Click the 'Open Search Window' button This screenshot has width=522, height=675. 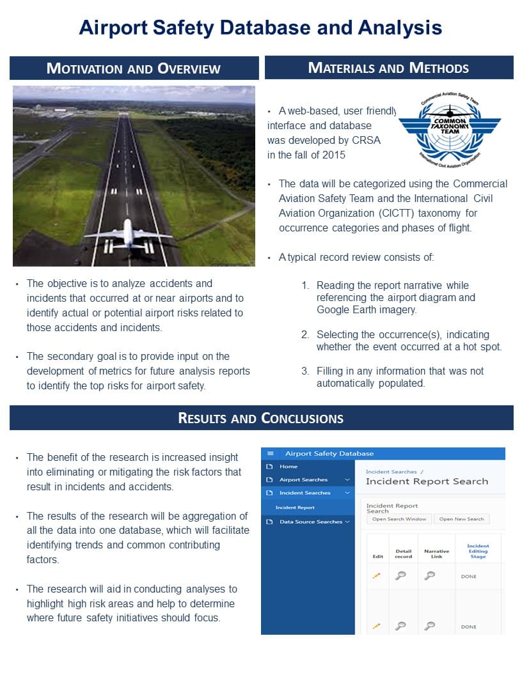399,519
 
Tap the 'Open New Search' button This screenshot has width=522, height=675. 461,519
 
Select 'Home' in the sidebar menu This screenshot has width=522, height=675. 288,467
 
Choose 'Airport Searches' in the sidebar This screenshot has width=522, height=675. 303,479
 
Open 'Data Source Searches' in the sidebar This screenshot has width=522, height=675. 311,522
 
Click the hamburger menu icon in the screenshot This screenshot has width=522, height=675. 270,453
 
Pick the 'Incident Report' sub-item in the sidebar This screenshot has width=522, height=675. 295,508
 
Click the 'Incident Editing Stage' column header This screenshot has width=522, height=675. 478,551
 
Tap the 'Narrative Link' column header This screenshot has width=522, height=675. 436,554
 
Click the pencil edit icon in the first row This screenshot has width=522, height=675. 377,576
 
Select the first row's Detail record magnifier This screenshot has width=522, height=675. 400,575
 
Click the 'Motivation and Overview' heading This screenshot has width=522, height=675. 134,68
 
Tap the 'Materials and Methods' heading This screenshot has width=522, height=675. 388,68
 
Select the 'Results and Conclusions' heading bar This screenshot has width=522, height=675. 261,418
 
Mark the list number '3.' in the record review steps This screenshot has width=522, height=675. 305,371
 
